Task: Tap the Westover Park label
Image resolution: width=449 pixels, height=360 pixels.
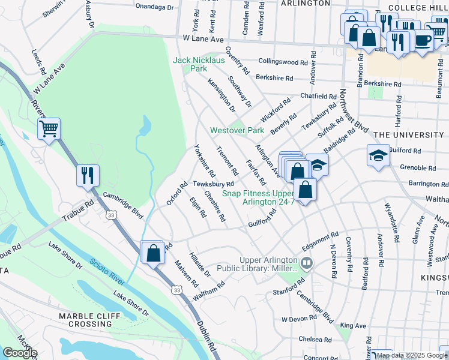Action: pyautogui.click(x=237, y=130)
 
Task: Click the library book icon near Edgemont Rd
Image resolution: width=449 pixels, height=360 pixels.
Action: pyautogui.click(x=306, y=263)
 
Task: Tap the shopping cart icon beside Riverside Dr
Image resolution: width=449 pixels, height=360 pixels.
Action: pyautogui.click(x=49, y=128)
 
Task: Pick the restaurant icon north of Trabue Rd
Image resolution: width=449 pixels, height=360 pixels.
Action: pyautogui.click(x=88, y=175)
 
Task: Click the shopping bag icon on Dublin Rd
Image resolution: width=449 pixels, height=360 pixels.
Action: pyautogui.click(x=153, y=252)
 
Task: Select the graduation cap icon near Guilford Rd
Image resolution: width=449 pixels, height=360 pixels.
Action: pyautogui.click(x=378, y=155)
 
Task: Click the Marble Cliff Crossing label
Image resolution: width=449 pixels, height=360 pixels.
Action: pyautogui.click(x=86, y=320)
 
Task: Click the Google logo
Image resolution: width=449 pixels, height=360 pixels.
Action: pyautogui.click(x=20, y=353)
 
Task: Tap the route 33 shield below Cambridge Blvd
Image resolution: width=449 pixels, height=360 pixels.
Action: pyautogui.click(x=110, y=215)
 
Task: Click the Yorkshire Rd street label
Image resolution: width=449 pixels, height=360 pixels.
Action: pyautogui.click(x=205, y=160)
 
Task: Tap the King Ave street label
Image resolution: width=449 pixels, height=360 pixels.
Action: pyautogui.click(x=353, y=326)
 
